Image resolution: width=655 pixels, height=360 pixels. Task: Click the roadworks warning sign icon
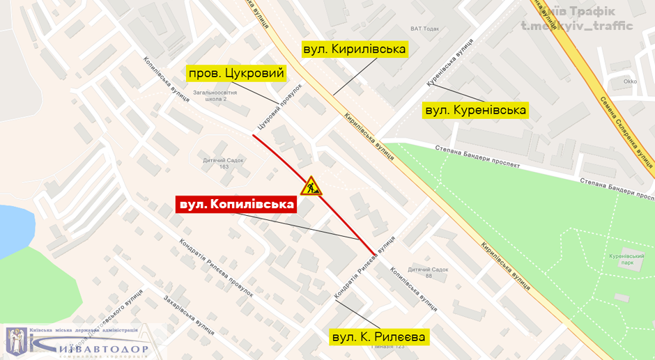(311, 186)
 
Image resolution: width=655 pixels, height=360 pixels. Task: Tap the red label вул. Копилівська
(236, 205)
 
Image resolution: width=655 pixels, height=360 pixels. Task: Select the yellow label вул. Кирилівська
(354, 49)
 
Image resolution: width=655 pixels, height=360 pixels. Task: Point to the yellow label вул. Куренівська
(476, 110)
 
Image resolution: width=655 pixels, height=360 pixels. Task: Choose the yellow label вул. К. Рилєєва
(379, 337)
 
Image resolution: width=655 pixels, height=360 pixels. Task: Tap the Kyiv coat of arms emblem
(17, 341)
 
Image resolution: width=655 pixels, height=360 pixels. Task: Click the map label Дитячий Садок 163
(224, 164)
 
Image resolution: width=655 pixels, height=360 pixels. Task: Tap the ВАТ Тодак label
(425, 29)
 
